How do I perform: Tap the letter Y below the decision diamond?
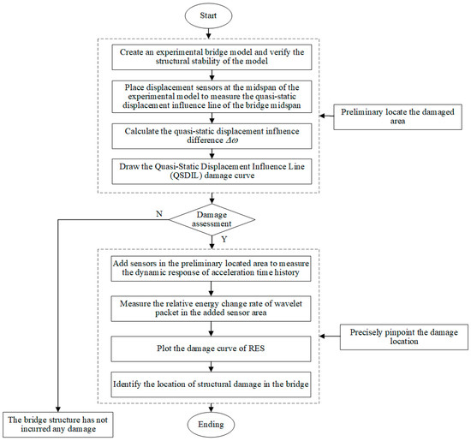222,239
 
